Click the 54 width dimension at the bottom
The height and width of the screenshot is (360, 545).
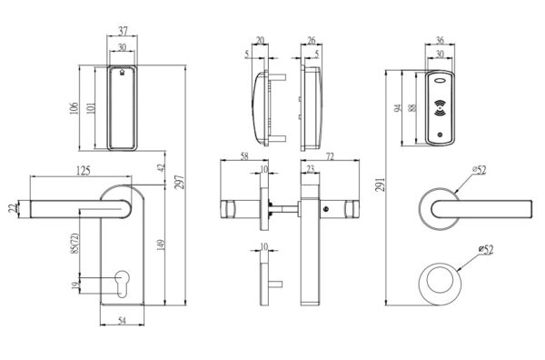coord(123,321)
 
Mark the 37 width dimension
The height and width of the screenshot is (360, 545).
coord(124,33)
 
